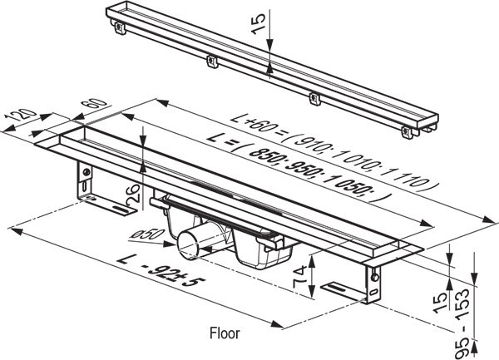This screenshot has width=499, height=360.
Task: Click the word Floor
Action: point(223,333)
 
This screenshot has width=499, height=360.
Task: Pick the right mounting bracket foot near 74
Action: point(341,288)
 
